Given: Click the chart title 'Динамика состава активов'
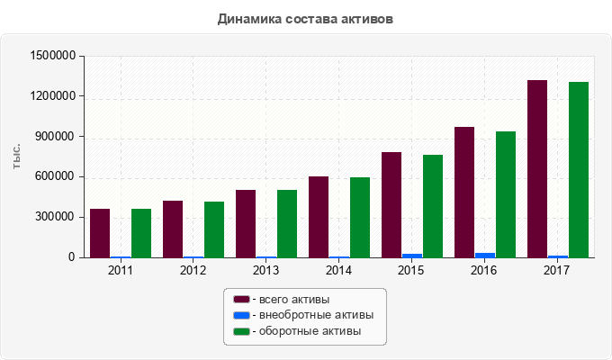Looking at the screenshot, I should tap(305, 18).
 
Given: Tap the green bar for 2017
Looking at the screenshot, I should tap(579, 170).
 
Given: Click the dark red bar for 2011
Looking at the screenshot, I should tap(100, 233).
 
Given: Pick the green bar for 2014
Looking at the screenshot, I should tap(360, 218).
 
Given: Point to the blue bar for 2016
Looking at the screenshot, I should tap(485, 256).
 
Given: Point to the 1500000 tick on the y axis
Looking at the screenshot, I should tap(52, 56).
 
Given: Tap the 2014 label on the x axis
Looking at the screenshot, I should tap(338, 269).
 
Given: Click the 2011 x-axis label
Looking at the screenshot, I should tap(121, 269).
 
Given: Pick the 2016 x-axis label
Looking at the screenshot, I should tap(484, 269).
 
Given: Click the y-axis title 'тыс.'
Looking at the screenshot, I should tap(17, 157).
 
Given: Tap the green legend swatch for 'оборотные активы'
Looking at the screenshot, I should tap(241, 332).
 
